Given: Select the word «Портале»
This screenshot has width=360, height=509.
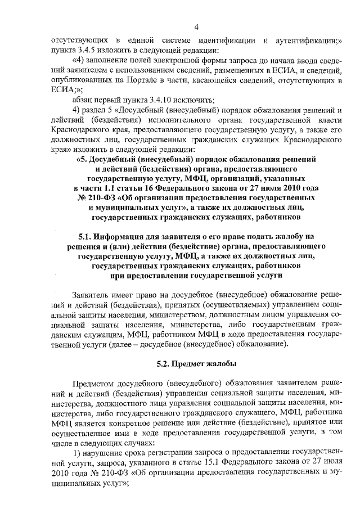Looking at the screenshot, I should pyautogui.click(x=138, y=80).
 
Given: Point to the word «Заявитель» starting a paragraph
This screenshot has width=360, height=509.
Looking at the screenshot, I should pyautogui.click(x=92, y=295).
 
